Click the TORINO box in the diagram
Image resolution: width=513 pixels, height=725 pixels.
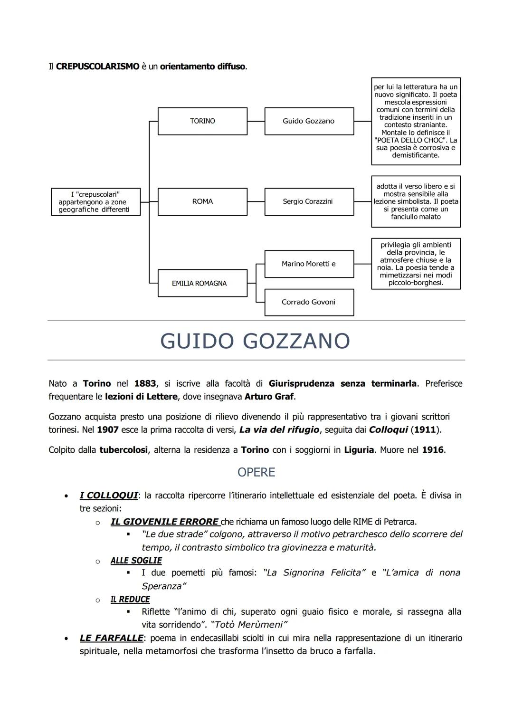coord(202,121)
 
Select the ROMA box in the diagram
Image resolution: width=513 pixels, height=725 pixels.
coord(202,201)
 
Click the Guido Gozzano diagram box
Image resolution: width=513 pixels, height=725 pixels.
coord(309,121)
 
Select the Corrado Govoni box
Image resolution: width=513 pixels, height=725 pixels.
coord(308,302)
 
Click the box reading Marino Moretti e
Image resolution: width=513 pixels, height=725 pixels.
coord(308,264)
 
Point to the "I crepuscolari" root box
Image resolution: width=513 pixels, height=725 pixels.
coord(95,202)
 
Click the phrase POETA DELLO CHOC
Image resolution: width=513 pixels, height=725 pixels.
coord(409,140)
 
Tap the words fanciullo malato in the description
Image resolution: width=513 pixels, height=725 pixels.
coord(416,217)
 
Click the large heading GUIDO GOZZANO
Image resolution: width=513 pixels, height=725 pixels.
coord(256,341)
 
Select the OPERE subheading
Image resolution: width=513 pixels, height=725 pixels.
coord(256,472)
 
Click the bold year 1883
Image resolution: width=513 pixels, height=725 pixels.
coord(145,383)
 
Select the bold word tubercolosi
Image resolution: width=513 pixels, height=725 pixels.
coord(123,450)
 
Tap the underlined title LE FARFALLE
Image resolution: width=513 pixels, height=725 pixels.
coord(111,638)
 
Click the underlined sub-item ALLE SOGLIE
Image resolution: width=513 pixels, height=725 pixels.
coord(136,561)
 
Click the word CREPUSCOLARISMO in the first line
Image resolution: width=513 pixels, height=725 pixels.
coord(97,67)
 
